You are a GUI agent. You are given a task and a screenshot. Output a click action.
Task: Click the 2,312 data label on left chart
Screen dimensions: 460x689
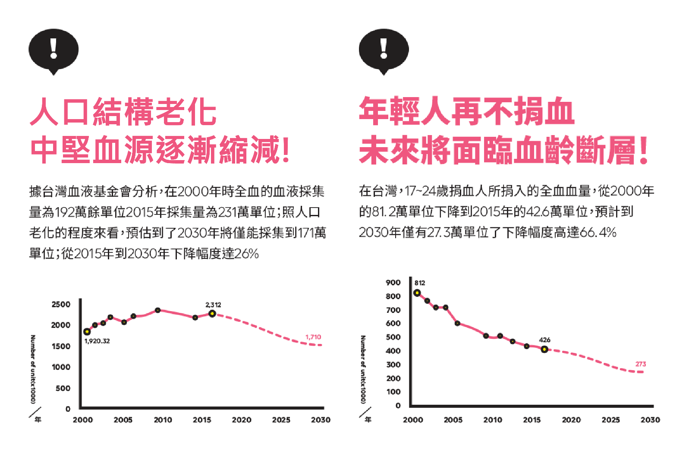click(x=213, y=305)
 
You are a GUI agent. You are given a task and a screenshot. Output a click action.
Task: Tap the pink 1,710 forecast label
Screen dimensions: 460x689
click(x=313, y=337)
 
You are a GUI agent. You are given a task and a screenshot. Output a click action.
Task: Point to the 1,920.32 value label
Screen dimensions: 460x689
click(x=97, y=341)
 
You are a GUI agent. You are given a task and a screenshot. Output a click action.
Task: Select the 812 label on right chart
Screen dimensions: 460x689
click(x=420, y=283)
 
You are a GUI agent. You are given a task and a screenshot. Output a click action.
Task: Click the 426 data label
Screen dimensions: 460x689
click(x=544, y=340)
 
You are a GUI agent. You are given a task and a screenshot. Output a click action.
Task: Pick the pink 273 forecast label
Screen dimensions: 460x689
click(x=641, y=364)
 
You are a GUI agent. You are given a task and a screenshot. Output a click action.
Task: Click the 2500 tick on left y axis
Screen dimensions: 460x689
click(x=61, y=304)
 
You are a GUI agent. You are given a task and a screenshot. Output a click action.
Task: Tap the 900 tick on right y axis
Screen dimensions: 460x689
click(x=393, y=283)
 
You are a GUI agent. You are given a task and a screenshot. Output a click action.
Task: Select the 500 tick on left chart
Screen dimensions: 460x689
click(x=63, y=388)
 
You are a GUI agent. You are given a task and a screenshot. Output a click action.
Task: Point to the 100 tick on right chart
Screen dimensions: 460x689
click(x=393, y=392)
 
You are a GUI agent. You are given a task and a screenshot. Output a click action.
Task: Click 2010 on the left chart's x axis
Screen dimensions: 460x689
click(x=163, y=420)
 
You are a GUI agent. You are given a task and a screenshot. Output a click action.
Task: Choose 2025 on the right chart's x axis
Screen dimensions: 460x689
click(x=610, y=420)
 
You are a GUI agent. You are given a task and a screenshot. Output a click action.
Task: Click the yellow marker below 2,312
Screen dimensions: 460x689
click(x=212, y=314)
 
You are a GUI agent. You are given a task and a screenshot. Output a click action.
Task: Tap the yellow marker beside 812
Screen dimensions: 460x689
click(x=417, y=293)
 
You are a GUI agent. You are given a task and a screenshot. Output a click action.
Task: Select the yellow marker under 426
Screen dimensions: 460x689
click(x=544, y=350)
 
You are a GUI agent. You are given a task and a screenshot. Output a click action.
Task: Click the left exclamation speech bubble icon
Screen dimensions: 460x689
click(x=53, y=50)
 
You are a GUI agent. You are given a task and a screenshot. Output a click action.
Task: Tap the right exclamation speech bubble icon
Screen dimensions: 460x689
click(x=384, y=50)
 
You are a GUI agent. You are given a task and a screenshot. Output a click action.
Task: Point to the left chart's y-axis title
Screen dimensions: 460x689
click(x=33, y=369)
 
